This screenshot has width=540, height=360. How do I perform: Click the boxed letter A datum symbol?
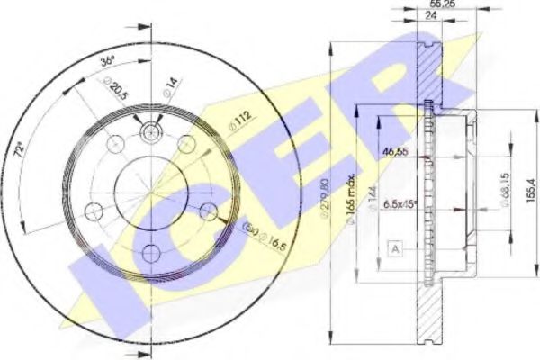coord(393,247)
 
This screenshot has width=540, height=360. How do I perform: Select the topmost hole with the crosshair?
coord(151,133)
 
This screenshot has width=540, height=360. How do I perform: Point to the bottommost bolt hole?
coord(152,252)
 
